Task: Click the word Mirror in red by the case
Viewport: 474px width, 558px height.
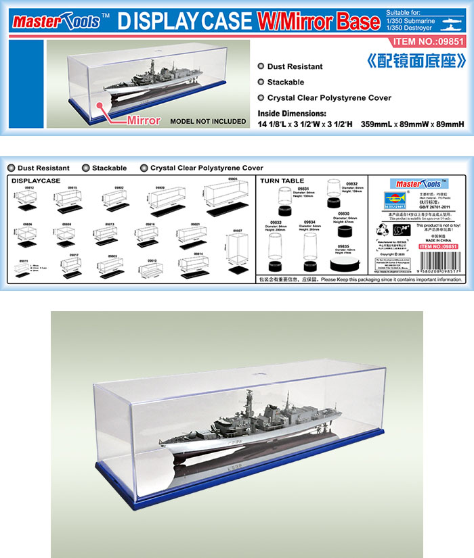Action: (x=144, y=121)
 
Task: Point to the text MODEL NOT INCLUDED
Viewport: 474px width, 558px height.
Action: (x=209, y=122)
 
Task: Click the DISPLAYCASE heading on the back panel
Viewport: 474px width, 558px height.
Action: (x=36, y=181)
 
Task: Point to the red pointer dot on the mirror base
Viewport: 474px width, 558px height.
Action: (x=100, y=106)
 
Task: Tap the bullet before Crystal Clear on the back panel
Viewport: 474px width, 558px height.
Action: (x=144, y=168)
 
